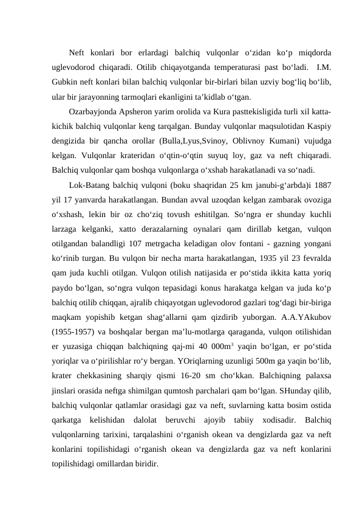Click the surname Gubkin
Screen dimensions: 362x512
pos(66,81)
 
